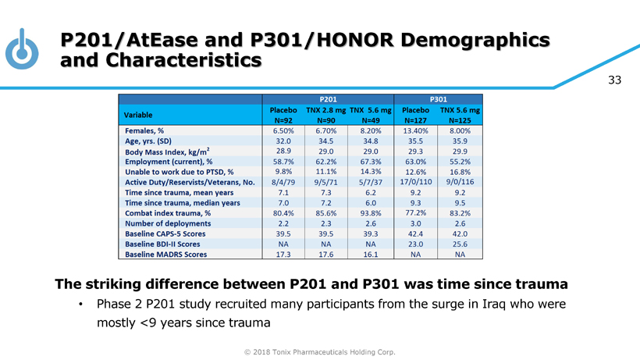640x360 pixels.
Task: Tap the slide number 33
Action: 614,80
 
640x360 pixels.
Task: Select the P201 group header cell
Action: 328,99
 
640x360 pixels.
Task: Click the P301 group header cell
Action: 439,99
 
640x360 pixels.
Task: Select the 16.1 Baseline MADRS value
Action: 371,254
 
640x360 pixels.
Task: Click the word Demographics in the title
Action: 466,39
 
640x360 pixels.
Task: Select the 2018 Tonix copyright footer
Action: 320,352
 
